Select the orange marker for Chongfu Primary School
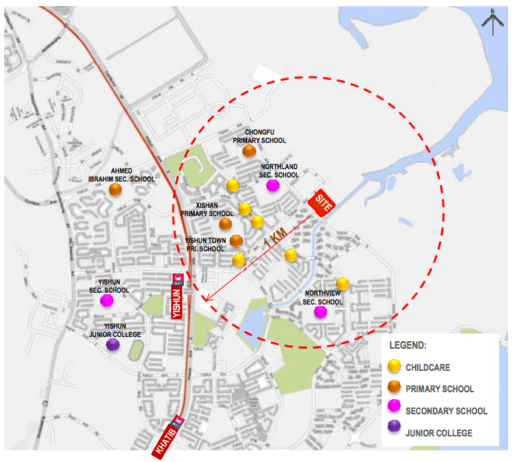point(249,151)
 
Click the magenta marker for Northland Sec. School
point(273,185)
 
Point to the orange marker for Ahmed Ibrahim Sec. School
point(116,189)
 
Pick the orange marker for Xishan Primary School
point(226,224)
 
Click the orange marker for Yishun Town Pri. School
point(236,241)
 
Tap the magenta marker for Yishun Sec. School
point(106,300)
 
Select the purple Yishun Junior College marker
point(113,344)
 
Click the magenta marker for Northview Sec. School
point(320,312)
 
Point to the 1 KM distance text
point(274,238)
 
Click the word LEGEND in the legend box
point(408,345)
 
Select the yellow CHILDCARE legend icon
point(394,367)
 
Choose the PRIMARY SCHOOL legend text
point(440,389)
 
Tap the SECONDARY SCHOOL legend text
point(446,411)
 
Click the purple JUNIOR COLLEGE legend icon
point(394,432)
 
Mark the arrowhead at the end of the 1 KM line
point(206,301)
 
